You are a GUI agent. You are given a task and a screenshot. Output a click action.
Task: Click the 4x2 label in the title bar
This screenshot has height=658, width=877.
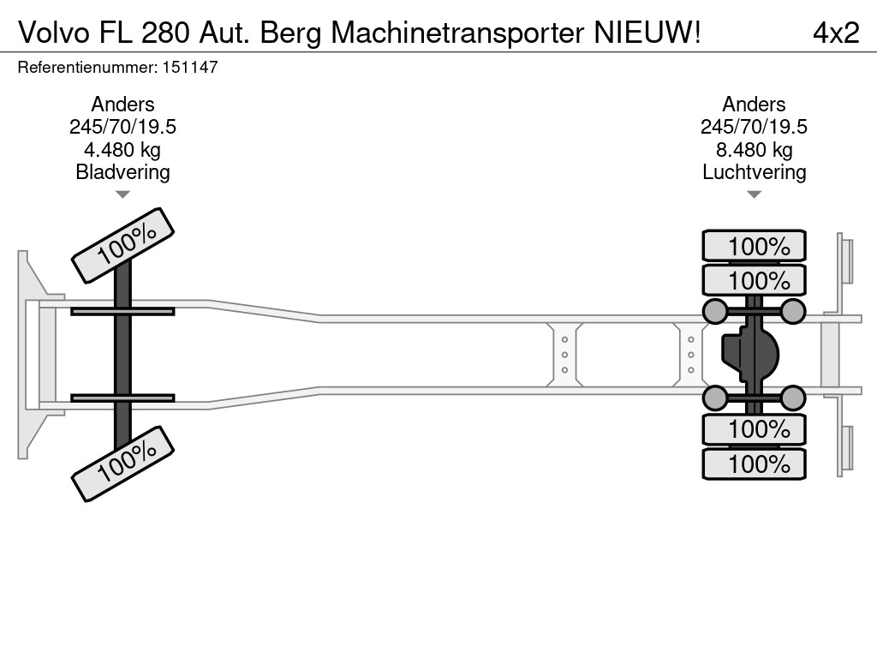(835, 33)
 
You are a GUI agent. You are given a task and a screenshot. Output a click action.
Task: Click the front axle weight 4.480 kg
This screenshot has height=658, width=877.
(123, 150)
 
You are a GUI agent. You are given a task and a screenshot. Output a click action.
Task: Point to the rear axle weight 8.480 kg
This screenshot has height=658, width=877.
(754, 150)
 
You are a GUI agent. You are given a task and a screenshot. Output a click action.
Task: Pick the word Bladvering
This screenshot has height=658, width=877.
(123, 172)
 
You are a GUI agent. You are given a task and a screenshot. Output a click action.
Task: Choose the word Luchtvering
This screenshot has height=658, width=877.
(754, 172)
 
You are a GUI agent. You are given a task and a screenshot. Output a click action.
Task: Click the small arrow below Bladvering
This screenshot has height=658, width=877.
(123, 194)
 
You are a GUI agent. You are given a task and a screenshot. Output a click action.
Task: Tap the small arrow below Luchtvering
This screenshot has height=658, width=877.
(754, 194)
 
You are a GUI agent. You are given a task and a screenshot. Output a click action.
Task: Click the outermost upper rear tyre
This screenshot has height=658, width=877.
(754, 246)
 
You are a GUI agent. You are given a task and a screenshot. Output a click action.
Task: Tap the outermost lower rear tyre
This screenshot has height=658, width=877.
(754, 464)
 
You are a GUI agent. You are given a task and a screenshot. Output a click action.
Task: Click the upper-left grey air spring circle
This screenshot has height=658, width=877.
(714, 311)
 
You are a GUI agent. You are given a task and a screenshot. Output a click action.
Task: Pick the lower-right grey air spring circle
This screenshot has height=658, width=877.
(793, 398)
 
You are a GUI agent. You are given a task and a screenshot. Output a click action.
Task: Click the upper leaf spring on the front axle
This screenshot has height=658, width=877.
(122, 311)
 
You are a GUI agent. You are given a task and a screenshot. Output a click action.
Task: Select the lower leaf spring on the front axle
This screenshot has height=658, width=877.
(122, 398)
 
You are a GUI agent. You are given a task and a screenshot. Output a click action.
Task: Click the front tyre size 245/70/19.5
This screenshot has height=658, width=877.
(123, 127)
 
